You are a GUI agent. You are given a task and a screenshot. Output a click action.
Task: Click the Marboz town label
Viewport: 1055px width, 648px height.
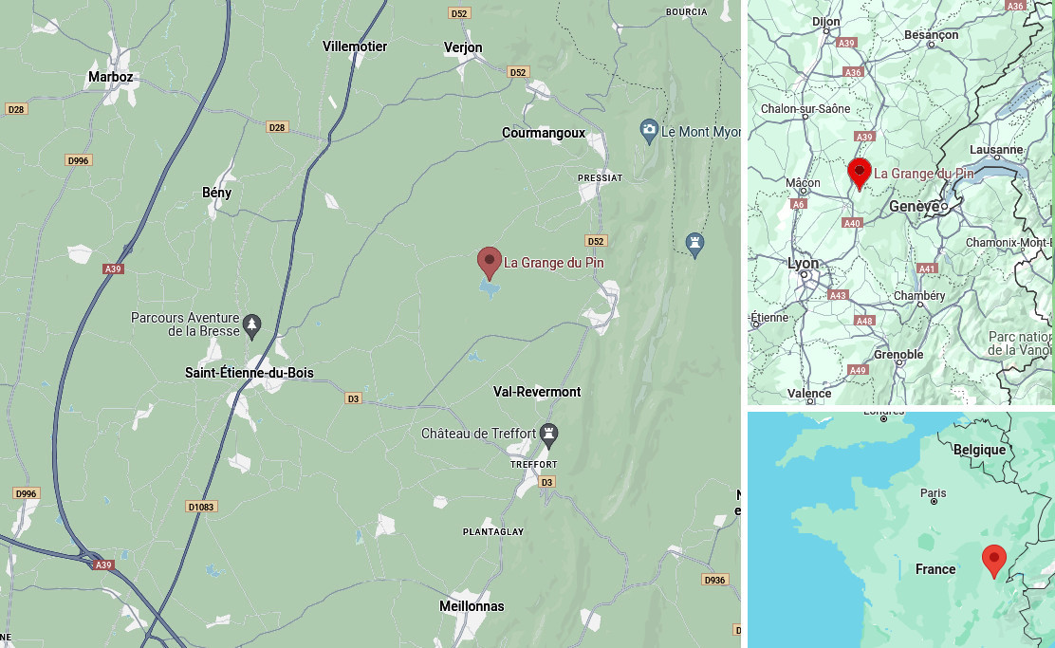click(x=110, y=77)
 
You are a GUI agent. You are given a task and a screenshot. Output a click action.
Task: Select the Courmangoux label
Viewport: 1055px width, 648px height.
click(x=544, y=134)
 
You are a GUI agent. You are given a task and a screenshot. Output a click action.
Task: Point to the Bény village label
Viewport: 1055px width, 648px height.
click(x=216, y=193)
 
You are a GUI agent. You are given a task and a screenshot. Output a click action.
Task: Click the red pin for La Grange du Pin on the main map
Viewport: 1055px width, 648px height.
click(x=489, y=262)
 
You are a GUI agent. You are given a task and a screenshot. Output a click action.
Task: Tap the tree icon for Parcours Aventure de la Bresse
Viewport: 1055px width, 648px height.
click(x=251, y=325)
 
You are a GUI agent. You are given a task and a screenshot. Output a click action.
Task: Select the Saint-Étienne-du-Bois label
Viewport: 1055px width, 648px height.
click(x=249, y=373)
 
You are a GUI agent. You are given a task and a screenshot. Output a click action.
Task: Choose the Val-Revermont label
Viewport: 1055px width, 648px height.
click(x=537, y=392)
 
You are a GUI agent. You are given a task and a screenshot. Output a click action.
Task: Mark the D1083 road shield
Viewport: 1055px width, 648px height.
click(x=201, y=507)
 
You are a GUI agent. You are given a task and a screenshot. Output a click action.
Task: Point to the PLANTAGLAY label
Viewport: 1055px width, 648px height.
click(x=492, y=532)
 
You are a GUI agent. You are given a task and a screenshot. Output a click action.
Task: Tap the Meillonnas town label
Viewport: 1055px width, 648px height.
click(x=472, y=606)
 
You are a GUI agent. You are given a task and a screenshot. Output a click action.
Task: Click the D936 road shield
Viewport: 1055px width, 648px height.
click(x=714, y=579)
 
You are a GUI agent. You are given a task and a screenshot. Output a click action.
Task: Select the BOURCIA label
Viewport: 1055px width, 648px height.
click(x=686, y=12)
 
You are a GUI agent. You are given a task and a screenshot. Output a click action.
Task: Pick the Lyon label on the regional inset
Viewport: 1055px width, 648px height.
click(x=803, y=264)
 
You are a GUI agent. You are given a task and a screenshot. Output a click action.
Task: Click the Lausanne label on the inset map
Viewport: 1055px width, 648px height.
click(x=996, y=150)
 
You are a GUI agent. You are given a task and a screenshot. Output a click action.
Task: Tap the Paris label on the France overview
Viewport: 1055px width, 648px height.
click(x=933, y=493)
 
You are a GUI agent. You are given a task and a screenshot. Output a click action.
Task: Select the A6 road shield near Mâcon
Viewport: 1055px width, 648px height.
click(x=799, y=204)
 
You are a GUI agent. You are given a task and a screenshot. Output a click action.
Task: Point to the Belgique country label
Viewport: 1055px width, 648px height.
click(x=979, y=450)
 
